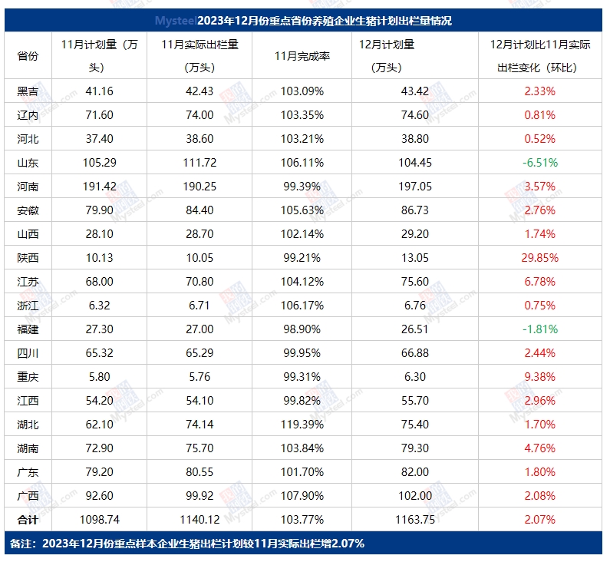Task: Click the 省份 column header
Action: [28, 56]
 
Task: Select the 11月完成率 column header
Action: [302, 56]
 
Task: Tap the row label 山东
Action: [28, 163]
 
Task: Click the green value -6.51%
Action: [539, 163]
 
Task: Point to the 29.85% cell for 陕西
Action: [539, 258]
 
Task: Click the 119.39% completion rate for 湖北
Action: [302, 424]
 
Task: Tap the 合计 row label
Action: [28, 520]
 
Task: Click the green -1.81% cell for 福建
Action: [539, 329]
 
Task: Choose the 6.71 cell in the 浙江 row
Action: [199, 306]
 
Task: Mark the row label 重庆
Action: [28, 376]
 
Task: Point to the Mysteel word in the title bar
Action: [176, 21]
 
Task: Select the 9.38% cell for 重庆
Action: [539, 376]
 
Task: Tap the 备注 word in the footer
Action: [21, 544]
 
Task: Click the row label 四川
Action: [28, 353]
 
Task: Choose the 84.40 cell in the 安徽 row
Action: [199, 210]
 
